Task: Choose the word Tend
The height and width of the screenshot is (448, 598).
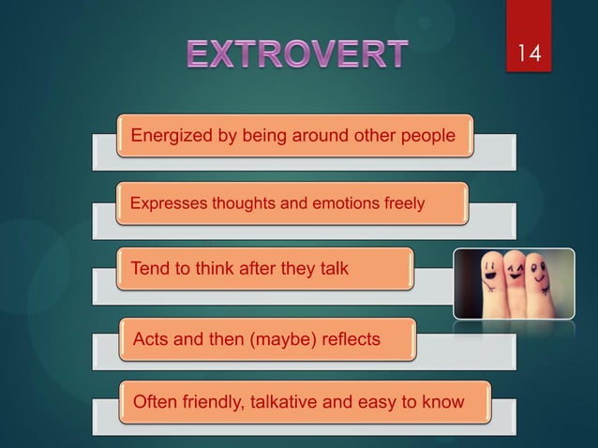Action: (150, 269)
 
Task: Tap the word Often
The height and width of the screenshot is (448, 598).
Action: (157, 403)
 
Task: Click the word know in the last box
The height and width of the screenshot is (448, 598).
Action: (441, 403)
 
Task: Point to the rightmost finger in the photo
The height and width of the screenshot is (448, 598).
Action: (539, 281)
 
